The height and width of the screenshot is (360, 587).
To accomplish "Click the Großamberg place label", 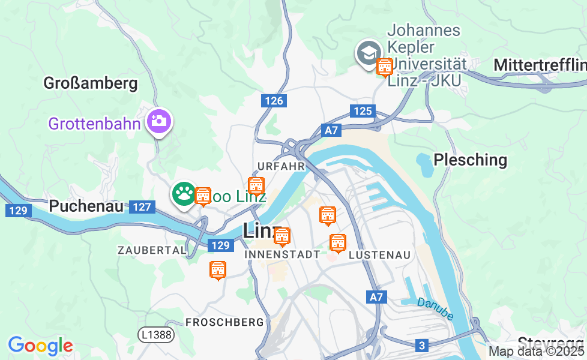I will tap(91, 83).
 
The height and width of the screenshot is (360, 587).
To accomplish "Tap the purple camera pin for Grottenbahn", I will tap(158, 121).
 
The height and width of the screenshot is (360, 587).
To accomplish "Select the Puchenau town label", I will tap(86, 206).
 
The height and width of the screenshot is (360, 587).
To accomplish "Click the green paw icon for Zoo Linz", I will tap(184, 194).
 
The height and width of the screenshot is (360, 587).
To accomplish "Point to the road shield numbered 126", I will tap(274, 101).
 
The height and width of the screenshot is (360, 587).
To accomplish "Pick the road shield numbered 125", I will tap(363, 111).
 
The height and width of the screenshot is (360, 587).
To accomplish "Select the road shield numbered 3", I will tap(422, 345).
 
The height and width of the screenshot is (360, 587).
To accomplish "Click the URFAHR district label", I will tap(281, 166).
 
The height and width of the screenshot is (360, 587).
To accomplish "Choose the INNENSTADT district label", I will tap(283, 254).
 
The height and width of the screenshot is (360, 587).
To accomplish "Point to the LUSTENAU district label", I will tap(379, 255).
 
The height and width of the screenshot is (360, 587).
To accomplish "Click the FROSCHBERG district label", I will tap(224, 322).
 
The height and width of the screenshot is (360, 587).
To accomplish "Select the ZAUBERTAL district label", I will tap(152, 250).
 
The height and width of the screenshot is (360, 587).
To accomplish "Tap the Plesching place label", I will tap(470, 160).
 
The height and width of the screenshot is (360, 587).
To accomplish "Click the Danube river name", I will tap(435, 308).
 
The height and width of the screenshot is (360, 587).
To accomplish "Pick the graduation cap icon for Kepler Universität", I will tap(367, 52).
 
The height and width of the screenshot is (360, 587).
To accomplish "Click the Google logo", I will tap(40, 346).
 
